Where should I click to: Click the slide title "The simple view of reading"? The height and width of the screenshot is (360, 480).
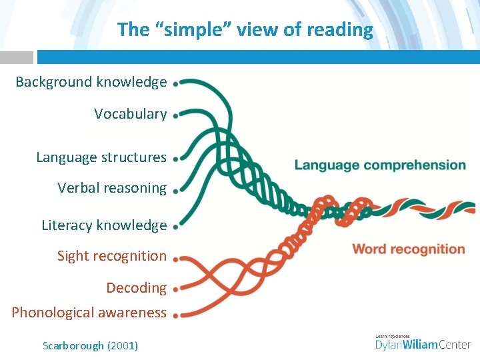tap(245, 29)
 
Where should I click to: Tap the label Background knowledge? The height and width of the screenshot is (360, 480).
tap(91, 82)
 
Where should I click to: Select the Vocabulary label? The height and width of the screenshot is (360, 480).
tap(130, 114)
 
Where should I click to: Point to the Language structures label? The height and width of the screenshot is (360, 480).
tap(101, 157)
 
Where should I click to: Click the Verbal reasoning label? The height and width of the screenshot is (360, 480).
tap(111, 188)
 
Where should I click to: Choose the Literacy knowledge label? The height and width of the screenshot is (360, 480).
tap(103, 225)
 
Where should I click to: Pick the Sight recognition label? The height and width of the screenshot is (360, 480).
tap(111, 256)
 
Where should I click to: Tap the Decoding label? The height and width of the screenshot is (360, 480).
tap(136, 288)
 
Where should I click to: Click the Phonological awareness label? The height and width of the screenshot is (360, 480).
tap(89, 313)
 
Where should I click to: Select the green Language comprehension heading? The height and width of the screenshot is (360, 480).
tap(380, 165)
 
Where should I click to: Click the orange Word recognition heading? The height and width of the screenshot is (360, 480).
tap(408, 250)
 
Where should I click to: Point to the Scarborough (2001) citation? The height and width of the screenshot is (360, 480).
tap(90, 345)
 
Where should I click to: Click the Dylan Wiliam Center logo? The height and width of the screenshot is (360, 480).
tap(423, 343)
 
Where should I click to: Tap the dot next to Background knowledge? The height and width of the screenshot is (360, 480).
tap(175, 84)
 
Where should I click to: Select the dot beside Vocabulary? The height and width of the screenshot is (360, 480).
tap(175, 115)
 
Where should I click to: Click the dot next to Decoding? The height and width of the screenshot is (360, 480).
tap(175, 290)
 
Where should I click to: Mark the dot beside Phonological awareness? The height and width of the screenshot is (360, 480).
tap(175, 315)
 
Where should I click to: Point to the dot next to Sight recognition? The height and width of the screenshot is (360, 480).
tap(175, 258)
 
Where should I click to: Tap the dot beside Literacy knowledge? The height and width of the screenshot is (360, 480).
tap(175, 227)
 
